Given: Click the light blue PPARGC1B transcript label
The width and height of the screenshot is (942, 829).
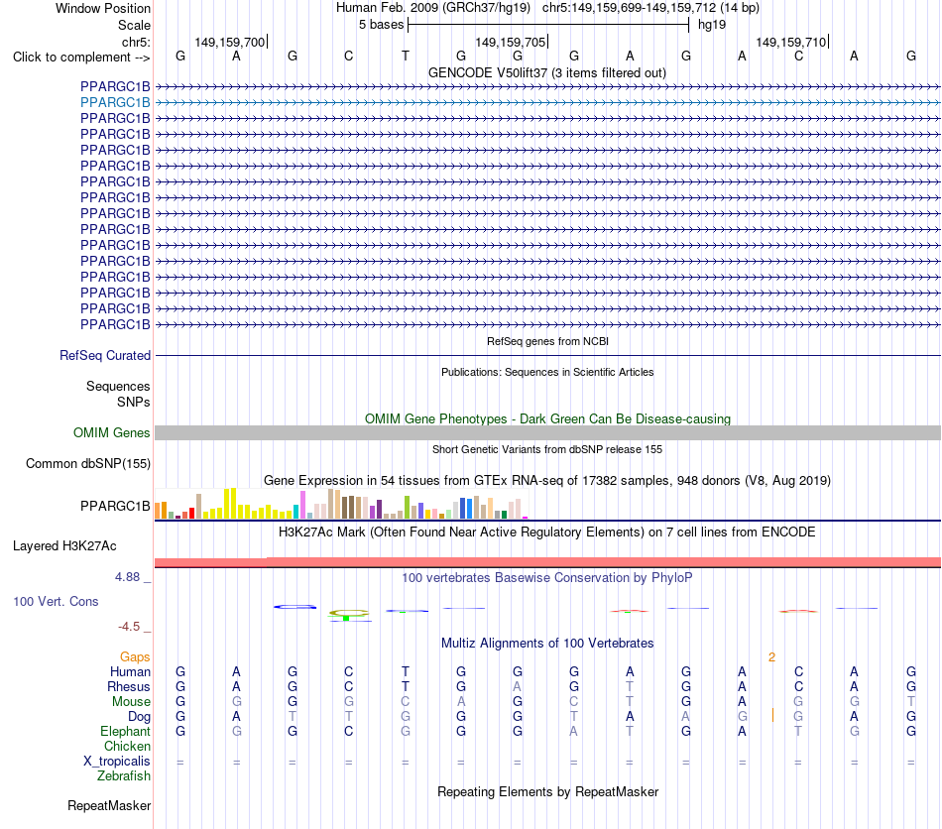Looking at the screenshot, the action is coord(115,103).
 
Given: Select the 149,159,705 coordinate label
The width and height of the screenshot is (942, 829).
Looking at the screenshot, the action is coord(510,42).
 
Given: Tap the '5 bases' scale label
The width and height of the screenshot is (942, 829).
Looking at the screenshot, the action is coord(381,25).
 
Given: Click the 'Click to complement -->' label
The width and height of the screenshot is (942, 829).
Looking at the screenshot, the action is coord(81,58).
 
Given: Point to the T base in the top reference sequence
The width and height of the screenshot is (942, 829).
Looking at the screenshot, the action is coord(406,56).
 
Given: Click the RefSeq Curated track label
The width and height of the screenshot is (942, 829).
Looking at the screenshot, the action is coord(105,356).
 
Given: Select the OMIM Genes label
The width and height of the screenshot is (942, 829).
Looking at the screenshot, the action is coord(112,432).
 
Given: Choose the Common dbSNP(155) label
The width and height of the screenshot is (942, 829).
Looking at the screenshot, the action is coord(88,464).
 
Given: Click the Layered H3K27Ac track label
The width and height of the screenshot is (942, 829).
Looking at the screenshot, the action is coord(64,546).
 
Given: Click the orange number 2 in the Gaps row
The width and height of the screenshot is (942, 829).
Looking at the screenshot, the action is coord(772,657).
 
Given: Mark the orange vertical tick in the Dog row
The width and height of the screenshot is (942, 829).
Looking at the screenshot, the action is coord(772,716).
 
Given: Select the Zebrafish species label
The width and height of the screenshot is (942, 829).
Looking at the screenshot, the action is coord(124,776).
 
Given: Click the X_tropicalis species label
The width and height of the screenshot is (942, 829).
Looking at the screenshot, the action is coord(117,762).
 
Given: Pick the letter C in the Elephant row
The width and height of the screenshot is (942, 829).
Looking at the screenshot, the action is coord(348,731).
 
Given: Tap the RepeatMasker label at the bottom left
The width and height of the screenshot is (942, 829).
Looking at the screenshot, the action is coord(109,805).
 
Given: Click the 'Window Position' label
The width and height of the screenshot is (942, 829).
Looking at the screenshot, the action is coord(103,8).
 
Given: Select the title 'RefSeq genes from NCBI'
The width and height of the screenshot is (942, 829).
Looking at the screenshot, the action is coord(547,341).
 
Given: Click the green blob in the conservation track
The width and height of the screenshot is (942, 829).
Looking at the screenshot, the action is coord(347,618).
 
